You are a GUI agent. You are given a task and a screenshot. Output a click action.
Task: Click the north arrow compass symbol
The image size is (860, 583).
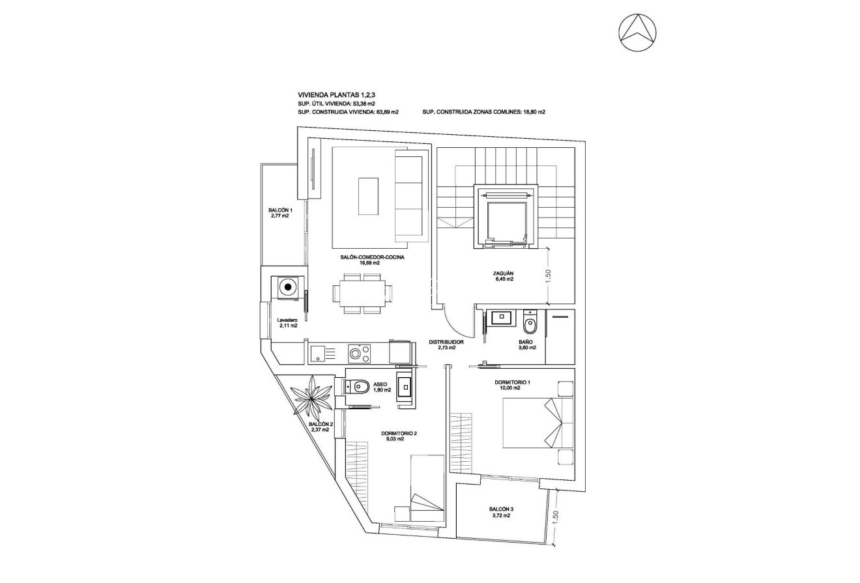(637, 32)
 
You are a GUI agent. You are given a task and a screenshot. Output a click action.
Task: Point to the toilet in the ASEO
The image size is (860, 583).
(358, 387)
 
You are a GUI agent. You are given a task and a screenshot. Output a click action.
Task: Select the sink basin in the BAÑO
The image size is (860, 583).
(502, 319)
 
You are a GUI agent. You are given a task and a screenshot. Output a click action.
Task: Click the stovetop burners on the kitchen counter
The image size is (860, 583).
(360, 354)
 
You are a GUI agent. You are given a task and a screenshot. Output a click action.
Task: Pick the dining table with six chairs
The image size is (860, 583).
(362, 293)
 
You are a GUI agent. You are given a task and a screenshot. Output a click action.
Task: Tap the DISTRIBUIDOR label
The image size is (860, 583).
(446, 342)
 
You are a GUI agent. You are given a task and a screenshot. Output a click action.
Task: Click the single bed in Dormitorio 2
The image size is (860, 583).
(427, 485)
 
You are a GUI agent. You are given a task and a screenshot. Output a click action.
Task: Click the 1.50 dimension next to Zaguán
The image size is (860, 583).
(549, 275)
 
